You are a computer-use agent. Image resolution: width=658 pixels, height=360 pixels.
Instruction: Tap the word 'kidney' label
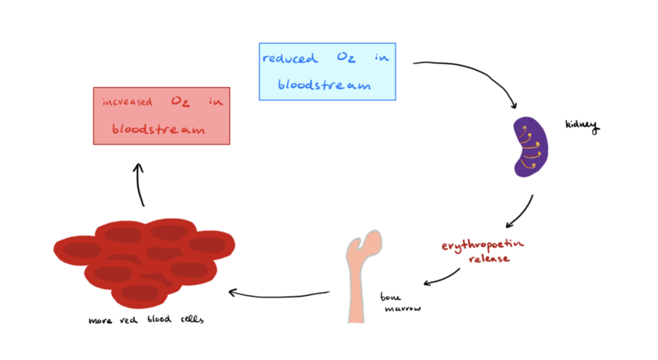[582, 126]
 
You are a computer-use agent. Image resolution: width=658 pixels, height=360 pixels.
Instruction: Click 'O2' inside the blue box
[344, 58]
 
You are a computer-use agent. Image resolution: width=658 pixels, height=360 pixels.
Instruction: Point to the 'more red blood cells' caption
[145, 320]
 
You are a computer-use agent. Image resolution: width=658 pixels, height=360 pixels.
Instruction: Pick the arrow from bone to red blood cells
[280, 292]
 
